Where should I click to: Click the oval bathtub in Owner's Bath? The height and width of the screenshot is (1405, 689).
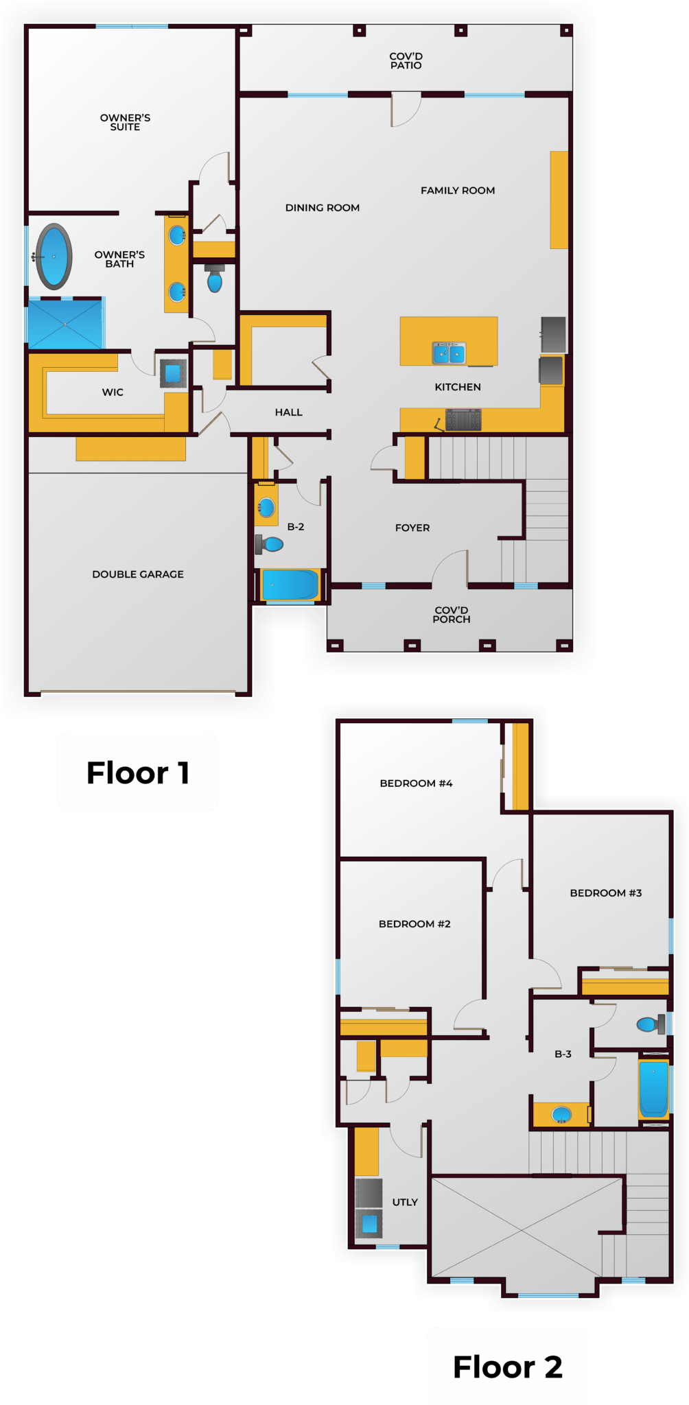coord(54,257)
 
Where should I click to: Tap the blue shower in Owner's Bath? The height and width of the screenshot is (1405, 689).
coord(65,323)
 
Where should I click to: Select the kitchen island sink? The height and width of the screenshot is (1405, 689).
coord(449,353)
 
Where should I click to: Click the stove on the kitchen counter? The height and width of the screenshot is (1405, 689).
coord(463,419)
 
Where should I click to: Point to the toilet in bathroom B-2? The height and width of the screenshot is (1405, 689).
coord(270,545)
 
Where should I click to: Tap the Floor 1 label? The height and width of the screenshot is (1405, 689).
coord(137,772)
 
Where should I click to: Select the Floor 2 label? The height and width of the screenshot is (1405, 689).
coord(507,1367)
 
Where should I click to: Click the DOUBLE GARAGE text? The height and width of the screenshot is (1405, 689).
coord(138,574)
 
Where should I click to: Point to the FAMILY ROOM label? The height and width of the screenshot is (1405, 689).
coord(458,191)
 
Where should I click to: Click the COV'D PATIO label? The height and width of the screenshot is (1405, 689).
coord(406,61)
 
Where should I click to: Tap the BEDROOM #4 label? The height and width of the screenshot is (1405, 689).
coord(416,783)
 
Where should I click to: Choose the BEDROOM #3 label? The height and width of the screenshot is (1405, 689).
coord(605,893)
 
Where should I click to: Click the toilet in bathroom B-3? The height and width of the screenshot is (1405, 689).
coord(650,1024)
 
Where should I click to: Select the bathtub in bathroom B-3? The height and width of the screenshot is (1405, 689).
coord(653,1089)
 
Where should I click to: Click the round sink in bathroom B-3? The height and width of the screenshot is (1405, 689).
coord(562,1115)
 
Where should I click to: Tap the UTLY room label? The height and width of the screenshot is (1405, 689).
coord(405,1202)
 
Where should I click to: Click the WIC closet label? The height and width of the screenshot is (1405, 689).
coord(113,392)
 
